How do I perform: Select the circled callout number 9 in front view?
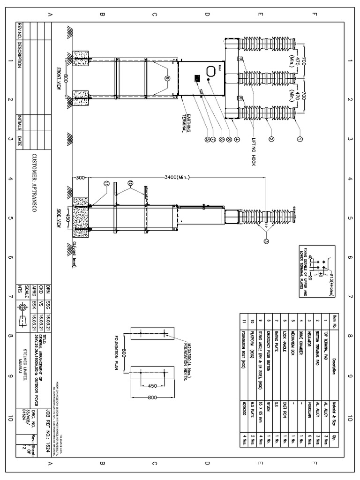[x=167, y=78]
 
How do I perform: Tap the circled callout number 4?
[x=237, y=139]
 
